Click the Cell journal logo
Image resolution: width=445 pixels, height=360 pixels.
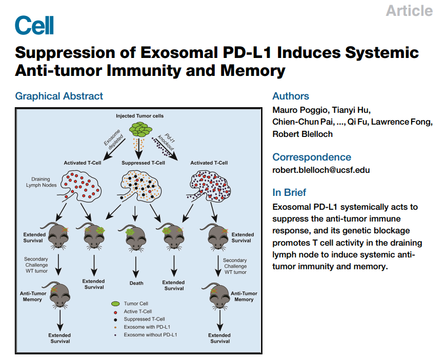coord(34,25)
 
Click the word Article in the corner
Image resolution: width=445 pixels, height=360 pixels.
coord(409,11)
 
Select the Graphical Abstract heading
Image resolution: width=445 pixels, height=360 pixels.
coord(59,96)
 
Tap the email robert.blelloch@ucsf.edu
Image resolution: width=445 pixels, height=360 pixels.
coord(321,170)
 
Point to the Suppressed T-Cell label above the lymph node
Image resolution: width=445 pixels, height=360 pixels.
coord(144,163)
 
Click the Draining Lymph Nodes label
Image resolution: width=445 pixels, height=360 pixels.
coord(41,182)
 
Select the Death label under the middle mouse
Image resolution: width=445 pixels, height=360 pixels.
coord(136,283)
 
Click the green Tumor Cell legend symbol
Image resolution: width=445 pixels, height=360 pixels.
coord(115,304)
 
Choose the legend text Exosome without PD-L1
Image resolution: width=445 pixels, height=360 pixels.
coord(150,335)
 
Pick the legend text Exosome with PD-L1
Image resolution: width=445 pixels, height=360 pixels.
coord(147,327)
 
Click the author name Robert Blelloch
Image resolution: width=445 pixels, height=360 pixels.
coord(302,134)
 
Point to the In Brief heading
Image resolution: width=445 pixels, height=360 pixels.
coord(289,192)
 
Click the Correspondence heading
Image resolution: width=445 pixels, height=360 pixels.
coord(312,157)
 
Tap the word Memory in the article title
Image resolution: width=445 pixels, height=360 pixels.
coord(253,71)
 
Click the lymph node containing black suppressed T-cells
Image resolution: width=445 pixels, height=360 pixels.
coord(140,186)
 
